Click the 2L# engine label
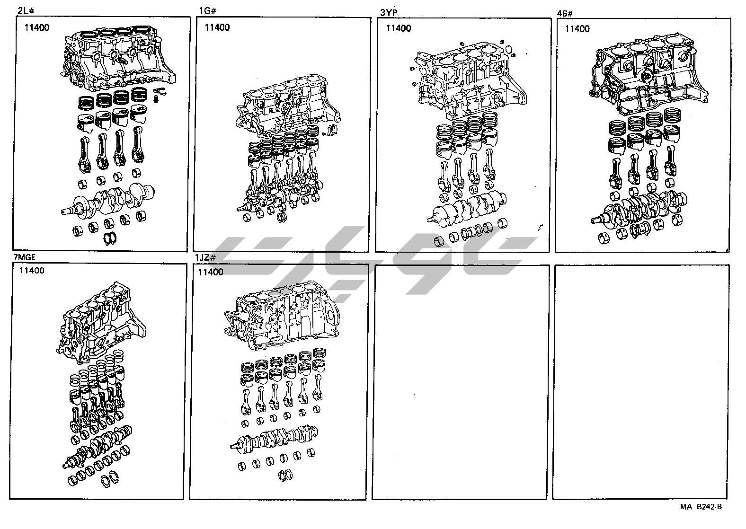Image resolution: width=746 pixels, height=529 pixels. click(x=25, y=10)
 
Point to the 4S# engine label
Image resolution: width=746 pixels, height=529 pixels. click(x=566, y=13)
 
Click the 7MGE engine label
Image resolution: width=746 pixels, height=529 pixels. click(x=24, y=257)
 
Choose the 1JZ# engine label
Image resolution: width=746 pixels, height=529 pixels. click(x=205, y=258)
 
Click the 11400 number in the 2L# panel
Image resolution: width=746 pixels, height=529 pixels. click(x=37, y=27)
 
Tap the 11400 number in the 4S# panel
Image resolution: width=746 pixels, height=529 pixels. click(x=577, y=29)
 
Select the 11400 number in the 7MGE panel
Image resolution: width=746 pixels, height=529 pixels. click(x=32, y=271)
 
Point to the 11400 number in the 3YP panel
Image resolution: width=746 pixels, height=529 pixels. click(x=399, y=28)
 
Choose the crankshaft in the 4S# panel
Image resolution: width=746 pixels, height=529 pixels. click(x=639, y=206)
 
